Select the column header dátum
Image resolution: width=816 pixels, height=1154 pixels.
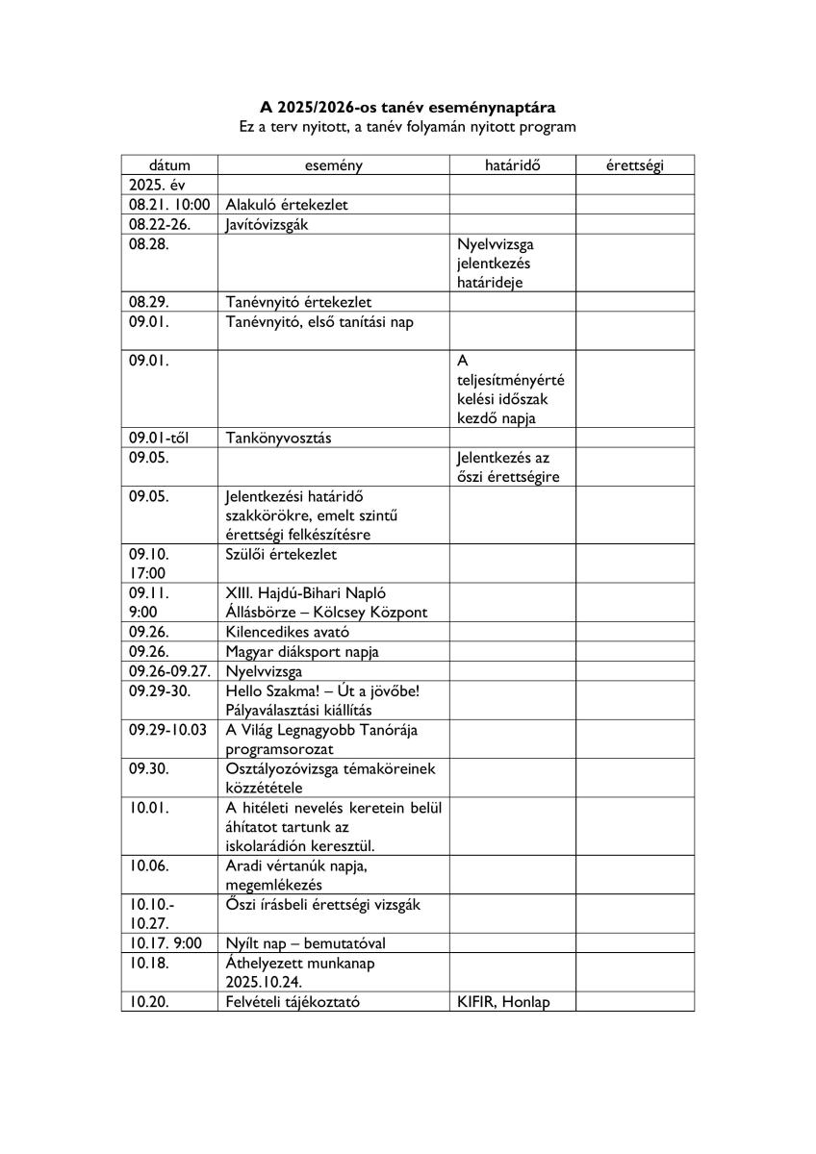pos(169,165)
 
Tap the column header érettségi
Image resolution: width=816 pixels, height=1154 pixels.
pos(635,165)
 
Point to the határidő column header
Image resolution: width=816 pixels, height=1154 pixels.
pos(512,165)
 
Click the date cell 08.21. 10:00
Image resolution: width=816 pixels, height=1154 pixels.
pos(169,204)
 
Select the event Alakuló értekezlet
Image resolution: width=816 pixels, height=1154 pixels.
pos(287,204)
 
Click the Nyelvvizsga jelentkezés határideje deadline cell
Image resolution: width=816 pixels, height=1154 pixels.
pos(496,263)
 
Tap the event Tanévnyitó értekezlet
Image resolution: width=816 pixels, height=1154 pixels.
pos(298,302)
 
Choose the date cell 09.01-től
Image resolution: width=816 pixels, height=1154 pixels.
pos(160,438)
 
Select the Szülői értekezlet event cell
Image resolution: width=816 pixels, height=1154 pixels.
pos(282,555)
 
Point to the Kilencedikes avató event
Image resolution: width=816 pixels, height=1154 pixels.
pos(288,632)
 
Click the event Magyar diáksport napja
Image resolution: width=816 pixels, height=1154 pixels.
pos(302,652)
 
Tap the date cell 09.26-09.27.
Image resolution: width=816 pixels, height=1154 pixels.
pos(169,671)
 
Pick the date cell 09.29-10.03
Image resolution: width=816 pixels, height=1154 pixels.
pos(168,730)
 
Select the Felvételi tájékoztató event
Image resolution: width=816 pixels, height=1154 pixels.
pos(293,1001)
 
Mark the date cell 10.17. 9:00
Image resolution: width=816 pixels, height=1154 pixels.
pos(166,943)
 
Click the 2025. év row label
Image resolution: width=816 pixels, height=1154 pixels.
pos(156,185)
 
